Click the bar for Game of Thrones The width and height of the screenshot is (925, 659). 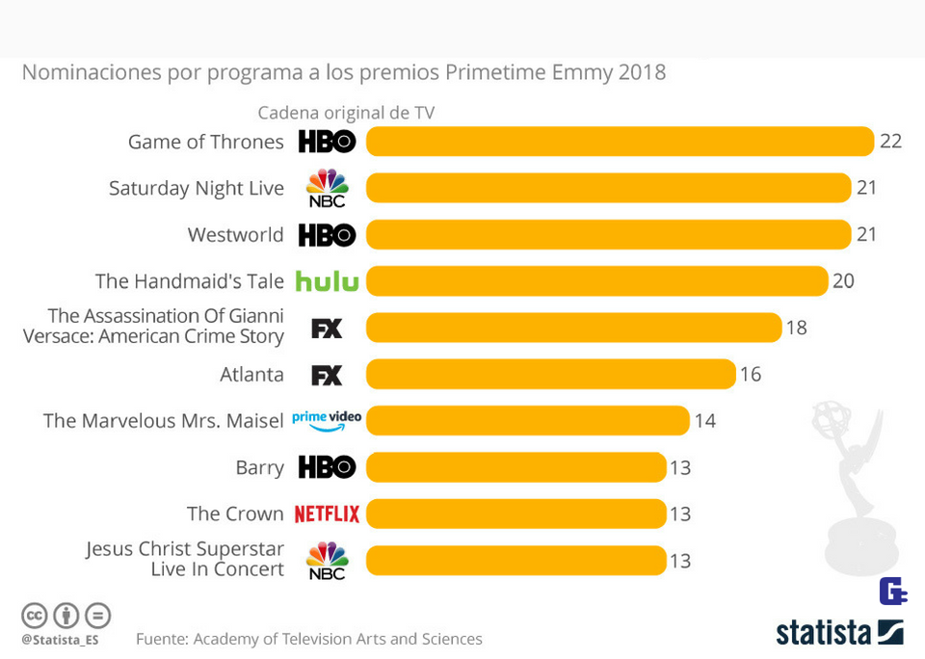coord(620,142)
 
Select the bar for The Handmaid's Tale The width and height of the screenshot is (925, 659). coord(596,281)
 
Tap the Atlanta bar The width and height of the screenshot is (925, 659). coord(550,374)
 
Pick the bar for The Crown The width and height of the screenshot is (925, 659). coord(515,514)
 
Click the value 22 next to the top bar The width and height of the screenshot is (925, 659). coord(890,142)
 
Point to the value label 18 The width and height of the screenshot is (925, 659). coord(796,328)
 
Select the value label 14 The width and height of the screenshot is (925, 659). coord(704,421)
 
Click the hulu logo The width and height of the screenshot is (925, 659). coord(327,281)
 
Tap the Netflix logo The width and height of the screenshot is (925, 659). coord(327,514)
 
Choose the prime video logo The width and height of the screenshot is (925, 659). coord(327,420)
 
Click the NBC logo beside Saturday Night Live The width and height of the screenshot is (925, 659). coord(327,188)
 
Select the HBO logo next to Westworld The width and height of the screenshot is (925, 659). coord(327,235)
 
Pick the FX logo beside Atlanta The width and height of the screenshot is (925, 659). coord(327,375)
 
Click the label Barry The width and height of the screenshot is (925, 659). coord(259,467)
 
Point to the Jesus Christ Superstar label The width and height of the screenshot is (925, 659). coord(185,559)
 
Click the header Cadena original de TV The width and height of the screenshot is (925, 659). coord(346,113)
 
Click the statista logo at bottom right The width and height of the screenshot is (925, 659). coord(839,633)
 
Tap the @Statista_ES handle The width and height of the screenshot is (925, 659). coord(60,639)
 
